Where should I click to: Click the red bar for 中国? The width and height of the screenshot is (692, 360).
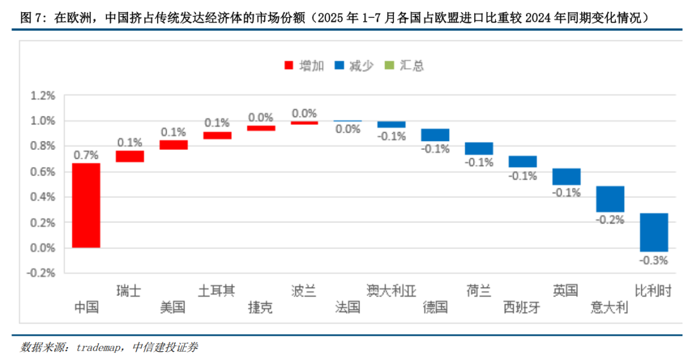(86, 205)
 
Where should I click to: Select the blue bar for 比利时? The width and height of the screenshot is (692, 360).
(654, 232)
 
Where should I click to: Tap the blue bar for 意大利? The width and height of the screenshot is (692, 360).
(610, 199)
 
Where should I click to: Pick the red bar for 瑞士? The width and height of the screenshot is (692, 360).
(129, 156)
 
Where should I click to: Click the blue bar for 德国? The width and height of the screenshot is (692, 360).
(435, 135)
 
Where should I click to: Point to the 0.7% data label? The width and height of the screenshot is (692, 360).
(86, 154)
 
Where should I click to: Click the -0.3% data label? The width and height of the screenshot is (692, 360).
(654, 260)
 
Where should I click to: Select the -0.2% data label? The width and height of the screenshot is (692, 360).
(610, 220)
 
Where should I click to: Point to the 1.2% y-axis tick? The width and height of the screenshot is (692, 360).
(44, 96)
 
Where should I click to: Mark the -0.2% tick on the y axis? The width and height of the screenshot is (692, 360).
(44, 273)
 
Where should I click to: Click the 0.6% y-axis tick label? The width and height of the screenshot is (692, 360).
(44, 172)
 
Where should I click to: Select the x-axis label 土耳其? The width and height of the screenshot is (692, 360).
(217, 291)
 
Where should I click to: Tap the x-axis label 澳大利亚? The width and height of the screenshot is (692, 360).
(391, 291)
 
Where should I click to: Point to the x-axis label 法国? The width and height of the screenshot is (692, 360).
(348, 307)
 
